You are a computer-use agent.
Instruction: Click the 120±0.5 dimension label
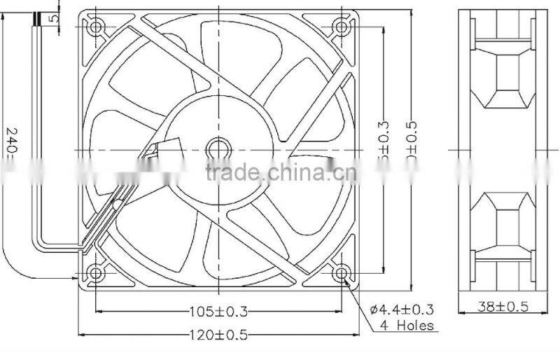[217, 335]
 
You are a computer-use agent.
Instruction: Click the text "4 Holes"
[407, 326]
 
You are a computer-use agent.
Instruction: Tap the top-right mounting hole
[342, 27]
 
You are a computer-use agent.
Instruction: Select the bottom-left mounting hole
[96, 273]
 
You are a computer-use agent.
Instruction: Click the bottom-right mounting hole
[342, 273]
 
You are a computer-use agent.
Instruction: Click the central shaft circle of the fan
[218, 149]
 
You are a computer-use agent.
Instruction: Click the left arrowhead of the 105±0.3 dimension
[99, 312]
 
